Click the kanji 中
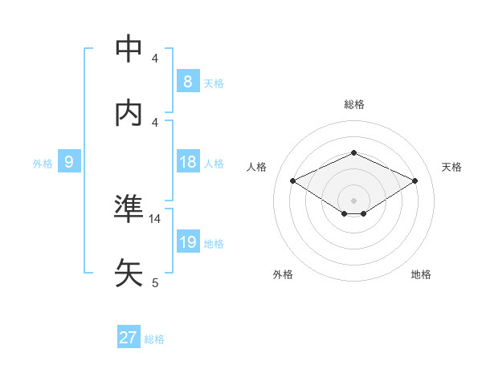pyautogui.click(x=129, y=49)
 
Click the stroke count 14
pyautogui.click(x=155, y=218)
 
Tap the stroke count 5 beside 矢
pyautogui.click(x=155, y=282)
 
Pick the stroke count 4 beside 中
pyautogui.click(x=155, y=59)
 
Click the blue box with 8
pyautogui.click(x=187, y=82)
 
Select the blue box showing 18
pyautogui.click(x=187, y=163)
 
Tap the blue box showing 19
pyautogui.click(x=187, y=242)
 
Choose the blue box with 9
pyautogui.click(x=69, y=163)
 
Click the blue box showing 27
pyautogui.click(x=128, y=338)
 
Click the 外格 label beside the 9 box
pyautogui.click(x=43, y=164)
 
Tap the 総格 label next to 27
pyautogui.click(x=154, y=339)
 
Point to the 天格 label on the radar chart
pyautogui.click(x=451, y=167)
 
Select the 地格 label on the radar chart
pyautogui.click(x=421, y=274)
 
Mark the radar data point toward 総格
pyautogui.click(x=353, y=152)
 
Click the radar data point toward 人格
pyautogui.click(x=293, y=180)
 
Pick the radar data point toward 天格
pyautogui.click(x=415, y=180)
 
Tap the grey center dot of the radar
pyautogui.click(x=353, y=200)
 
